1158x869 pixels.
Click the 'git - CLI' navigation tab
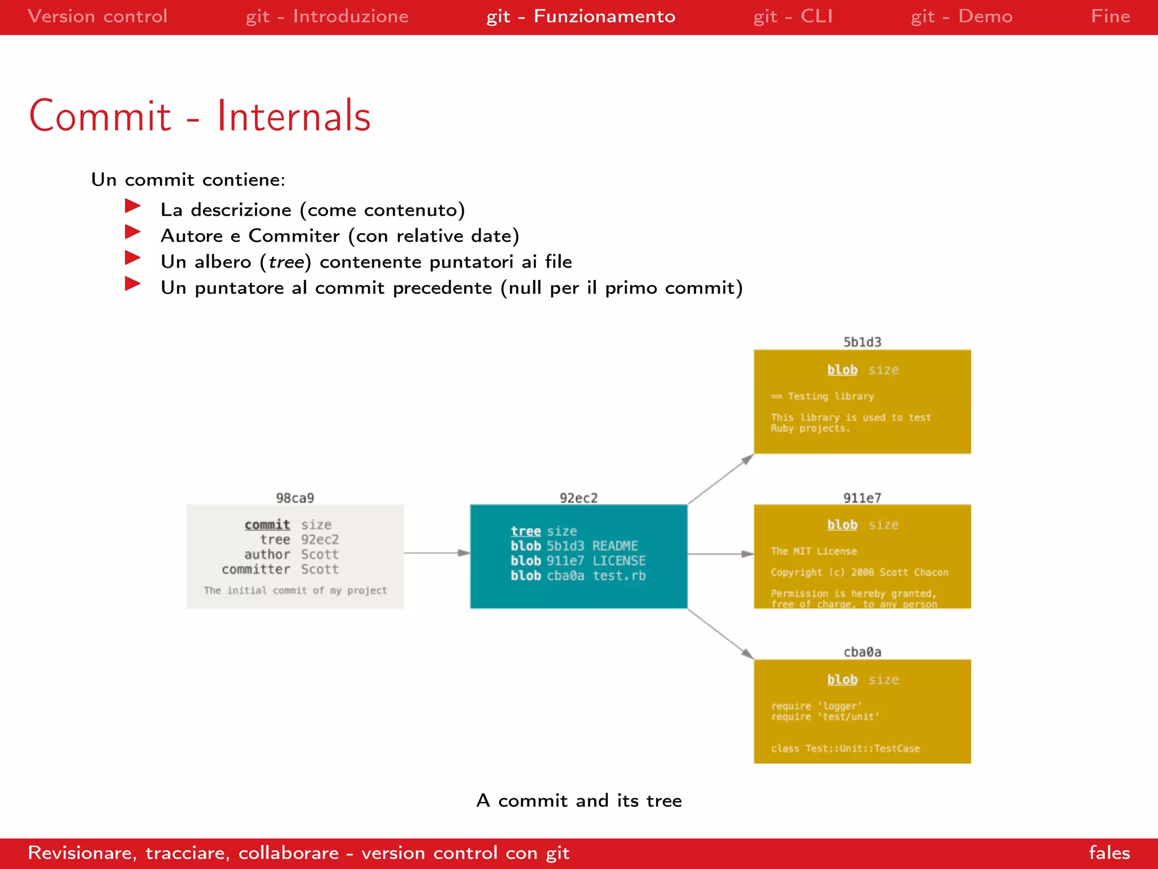tap(793, 16)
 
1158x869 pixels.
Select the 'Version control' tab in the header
tap(97, 16)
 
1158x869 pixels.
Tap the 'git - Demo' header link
tap(961, 16)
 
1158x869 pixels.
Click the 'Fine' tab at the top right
tap(1110, 16)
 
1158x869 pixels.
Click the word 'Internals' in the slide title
tap(293, 117)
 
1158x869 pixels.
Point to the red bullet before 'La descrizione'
tap(132, 206)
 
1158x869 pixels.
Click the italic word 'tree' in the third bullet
tap(286, 262)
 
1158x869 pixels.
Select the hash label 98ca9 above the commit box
tap(295, 498)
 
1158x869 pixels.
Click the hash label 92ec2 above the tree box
tap(578, 498)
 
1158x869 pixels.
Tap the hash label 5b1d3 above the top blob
tap(862, 342)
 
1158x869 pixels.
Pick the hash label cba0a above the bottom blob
tap(862, 652)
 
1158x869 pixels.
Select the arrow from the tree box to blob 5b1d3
tap(720, 479)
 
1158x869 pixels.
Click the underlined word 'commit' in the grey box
tap(267, 525)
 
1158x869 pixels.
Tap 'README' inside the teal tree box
tap(615, 546)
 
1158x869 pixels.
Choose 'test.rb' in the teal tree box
tap(619, 576)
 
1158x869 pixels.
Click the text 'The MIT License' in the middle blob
tap(814, 551)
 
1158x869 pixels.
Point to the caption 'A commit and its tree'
tap(579, 801)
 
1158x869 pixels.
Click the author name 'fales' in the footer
tap(1109, 853)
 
